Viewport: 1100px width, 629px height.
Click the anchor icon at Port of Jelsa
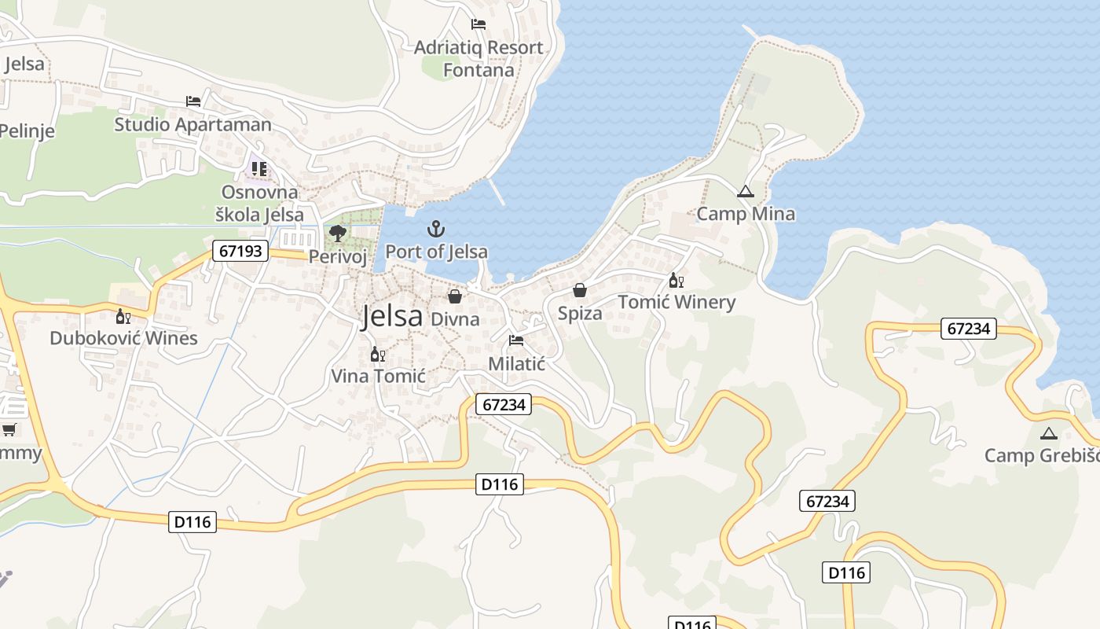pyautogui.click(x=435, y=229)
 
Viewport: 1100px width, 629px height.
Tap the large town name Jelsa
pyautogui.click(x=392, y=316)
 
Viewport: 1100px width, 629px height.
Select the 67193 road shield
pyautogui.click(x=240, y=252)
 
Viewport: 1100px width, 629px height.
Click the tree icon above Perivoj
pyautogui.click(x=338, y=234)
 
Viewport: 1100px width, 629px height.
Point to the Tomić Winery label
pyautogui.click(x=676, y=302)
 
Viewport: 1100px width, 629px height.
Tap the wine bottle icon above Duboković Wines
pyautogui.click(x=123, y=316)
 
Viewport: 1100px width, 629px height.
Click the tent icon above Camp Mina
pyautogui.click(x=745, y=191)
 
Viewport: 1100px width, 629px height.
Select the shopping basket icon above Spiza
pyautogui.click(x=580, y=291)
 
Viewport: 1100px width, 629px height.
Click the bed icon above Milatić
pyautogui.click(x=516, y=340)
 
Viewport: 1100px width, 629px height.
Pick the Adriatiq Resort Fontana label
pyautogui.click(x=478, y=58)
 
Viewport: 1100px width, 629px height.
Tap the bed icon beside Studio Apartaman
pyautogui.click(x=192, y=101)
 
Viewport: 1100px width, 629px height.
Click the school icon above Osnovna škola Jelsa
pyautogui.click(x=259, y=169)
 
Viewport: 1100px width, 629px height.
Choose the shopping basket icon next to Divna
pyautogui.click(x=455, y=296)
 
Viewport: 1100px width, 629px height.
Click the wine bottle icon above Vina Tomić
pyautogui.click(x=378, y=354)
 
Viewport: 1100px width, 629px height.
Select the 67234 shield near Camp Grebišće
pyautogui.click(x=968, y=329)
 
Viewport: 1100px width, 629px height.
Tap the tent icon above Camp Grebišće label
pyautogui.click(x=1048, y=433)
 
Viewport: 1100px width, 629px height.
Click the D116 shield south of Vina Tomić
pyautogui.click(x=500, y=484)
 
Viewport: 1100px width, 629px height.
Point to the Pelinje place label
pyautogui.click(x=27, y=131)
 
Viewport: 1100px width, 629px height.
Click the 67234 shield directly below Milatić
pyautogui.click(x=504, y=404)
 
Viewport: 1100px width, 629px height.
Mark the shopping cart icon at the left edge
pyautogui.click(x=9, y=429)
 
